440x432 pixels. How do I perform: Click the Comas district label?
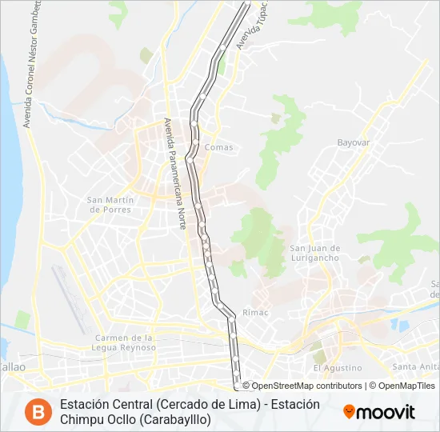pos(218,147)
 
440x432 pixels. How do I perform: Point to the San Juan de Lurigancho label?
pos(314,253)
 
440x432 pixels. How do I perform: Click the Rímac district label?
pos(255,312)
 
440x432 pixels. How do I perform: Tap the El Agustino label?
pos(338,368)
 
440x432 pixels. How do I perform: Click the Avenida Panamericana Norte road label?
pos(175,174)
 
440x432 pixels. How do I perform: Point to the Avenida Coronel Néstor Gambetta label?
pos(32,64)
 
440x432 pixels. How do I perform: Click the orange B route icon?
pos(35,411)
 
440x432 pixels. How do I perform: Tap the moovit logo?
pos(379,412)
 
